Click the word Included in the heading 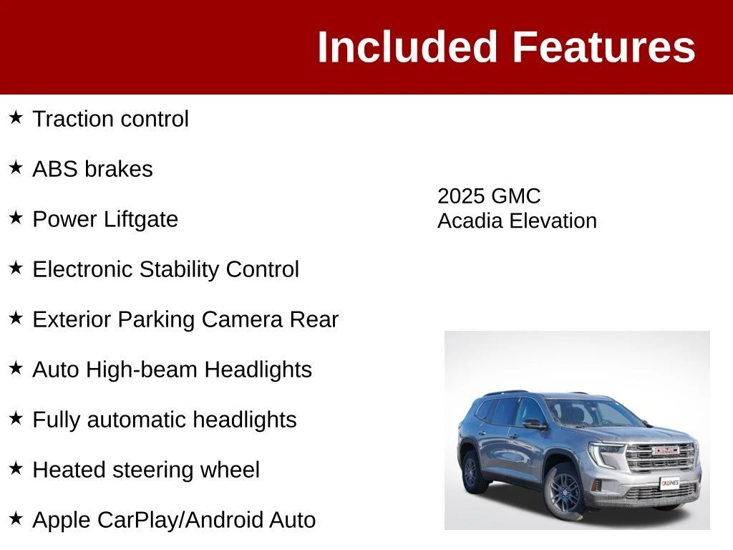[x=407, y=47]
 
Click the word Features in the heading [x=604, y=47]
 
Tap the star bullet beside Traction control [x=16, y=117]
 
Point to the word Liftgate [x=141, y=220]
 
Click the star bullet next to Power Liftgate [x=16, y=218]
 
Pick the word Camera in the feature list [x=242, y=319]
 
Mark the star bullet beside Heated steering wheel [x=16, y=468]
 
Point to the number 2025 [x=460, y=196]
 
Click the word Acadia [x=470, y=221]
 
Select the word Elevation [x=553, y=221]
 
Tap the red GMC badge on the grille [x=666, y=450]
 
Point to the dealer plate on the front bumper [x=670, y=483]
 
